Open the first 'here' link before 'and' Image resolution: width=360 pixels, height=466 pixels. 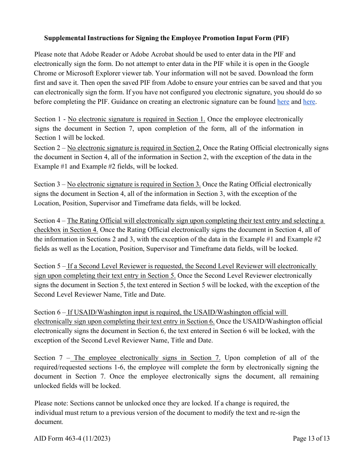(x=283, y=102)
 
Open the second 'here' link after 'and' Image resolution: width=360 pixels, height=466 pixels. (x=309, y=102)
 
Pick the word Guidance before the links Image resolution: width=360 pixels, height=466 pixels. (x=182, y=102)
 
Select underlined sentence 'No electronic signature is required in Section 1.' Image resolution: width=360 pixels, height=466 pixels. (x=136, y=119)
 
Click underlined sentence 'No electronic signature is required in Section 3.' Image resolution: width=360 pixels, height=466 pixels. (x=134, y=185)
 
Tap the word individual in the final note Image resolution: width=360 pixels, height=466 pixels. (x=49, y=413)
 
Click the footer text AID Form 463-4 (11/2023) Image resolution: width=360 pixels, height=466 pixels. (x=72, y=439)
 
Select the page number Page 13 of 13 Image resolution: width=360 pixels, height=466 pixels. (x=311, y=439)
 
